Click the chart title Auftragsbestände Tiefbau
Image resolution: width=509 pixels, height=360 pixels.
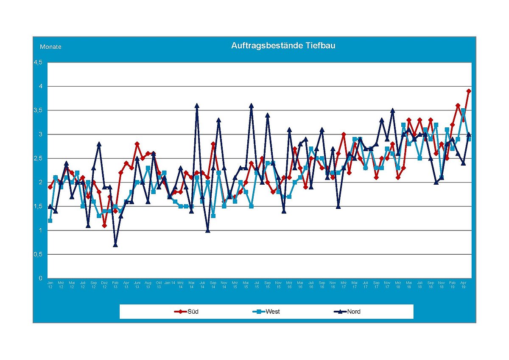tap(283, 45)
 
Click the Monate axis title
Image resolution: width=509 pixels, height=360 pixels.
tap(50, 47)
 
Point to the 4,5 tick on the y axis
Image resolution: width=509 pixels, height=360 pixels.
tap(38, 62)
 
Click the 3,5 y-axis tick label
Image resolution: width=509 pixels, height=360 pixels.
tap(38, 110)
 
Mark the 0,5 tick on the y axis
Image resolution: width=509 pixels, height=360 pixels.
tap(38, 254)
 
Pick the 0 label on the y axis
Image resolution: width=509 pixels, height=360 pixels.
tap(41, 278)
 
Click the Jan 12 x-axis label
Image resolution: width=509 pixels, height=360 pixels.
tap(50, 284)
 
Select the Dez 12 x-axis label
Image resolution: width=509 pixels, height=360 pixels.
tap(104, 284)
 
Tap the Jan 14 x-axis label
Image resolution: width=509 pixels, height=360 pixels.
tap(170, 282)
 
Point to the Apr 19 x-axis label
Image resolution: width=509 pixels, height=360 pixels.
tap(464, 284)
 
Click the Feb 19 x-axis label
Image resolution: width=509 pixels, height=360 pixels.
tap(453, 284)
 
